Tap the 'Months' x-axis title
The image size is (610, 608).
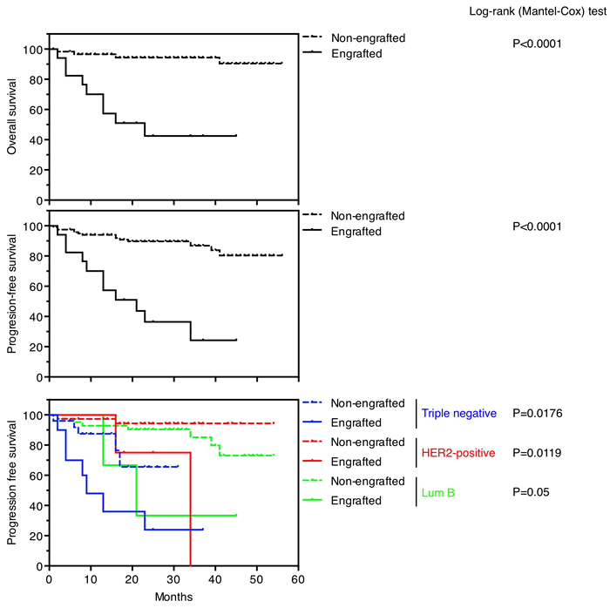(x=173, y=597)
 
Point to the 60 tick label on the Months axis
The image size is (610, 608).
(x=298, y=579)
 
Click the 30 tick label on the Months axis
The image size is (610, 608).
(x=173, y=579)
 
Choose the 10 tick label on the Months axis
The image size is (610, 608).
(x=90, y=579)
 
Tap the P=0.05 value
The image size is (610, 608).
(x=535, y=492)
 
